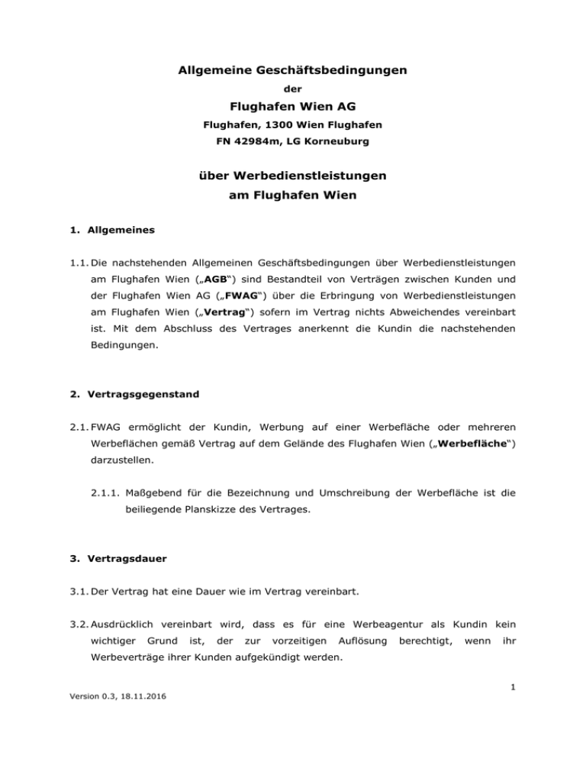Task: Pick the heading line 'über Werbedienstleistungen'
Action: tap(291, 176)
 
